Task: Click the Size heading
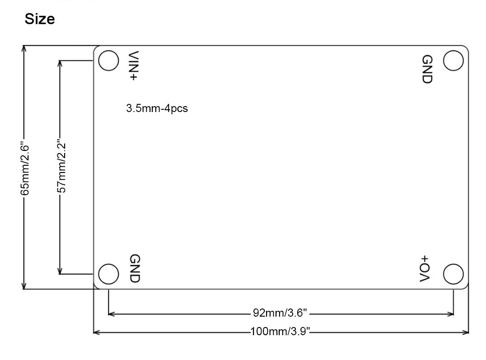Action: pyautogui.click(x=40, y=19)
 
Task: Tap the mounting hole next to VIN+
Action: pyautogui.click(x=108, y=61)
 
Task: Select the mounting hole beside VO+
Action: pyautogui.click(x=453, y=274)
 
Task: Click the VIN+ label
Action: pyautogui.click(x=134, y=66)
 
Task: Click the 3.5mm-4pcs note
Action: pyautogui.click(x=157, y=108)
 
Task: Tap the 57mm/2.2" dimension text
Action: pyautogui.click(x=62, y=166)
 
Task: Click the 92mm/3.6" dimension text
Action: pyautogui.click(x=280, y=313)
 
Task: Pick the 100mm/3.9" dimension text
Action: pyautogui.click(x=280, y=332)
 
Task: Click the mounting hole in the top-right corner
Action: pyautogui.click(x=453, y=61)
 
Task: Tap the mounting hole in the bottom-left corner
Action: pyautogui.click(x=108, y=274)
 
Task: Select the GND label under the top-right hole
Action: pyautogui.click(x=427, y=69)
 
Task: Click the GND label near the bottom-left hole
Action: pyautogui.click(x=135, y=268)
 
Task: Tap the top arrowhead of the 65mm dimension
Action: pyautogui.click(x=24, y=48)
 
